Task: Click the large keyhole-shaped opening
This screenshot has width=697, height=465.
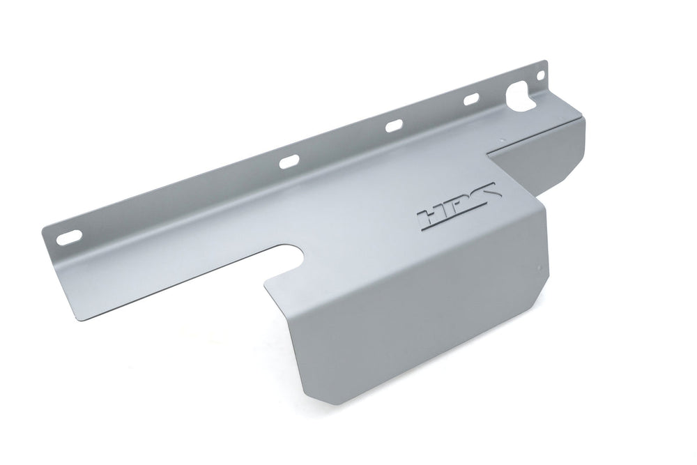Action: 523,96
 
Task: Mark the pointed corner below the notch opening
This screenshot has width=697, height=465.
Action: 265,283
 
